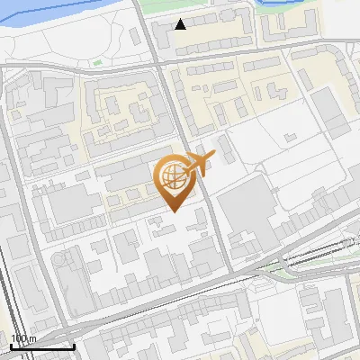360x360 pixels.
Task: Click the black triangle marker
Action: click(x=181, y=24)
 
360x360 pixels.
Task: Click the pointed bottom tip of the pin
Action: click(x=174, y=211)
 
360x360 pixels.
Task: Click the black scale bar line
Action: click(x=41, y=346)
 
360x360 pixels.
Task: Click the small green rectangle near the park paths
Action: click(x=96, y=63)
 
